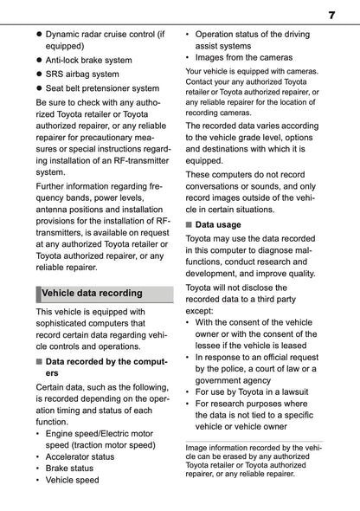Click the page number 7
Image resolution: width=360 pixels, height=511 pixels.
click(x=331, y=15)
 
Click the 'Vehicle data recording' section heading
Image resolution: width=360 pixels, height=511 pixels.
click(x=90, y=292)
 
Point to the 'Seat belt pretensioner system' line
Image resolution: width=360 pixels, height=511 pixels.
click(x=101, y=87)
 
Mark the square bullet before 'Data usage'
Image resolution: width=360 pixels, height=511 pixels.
click(x=189, y=224)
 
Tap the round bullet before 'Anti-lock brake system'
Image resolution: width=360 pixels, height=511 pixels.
click(x=38, y=59)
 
